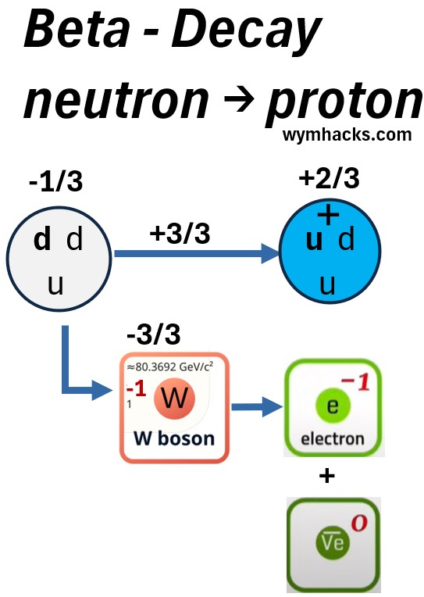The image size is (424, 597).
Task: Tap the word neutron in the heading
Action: point(116,100)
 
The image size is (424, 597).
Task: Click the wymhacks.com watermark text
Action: point(347,135)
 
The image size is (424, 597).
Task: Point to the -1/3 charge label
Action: point(55,181)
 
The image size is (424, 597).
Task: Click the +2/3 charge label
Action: point(330,178)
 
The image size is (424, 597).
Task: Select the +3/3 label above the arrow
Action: point(180,234)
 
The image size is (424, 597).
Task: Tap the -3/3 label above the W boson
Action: point(153,334)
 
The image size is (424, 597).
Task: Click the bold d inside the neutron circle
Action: point(42,239)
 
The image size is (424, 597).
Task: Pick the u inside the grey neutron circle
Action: point(55,285)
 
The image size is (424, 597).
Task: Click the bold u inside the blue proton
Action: point(315,241)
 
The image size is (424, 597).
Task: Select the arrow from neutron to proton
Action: point(197,254)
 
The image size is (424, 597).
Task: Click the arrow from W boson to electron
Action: point(258,407)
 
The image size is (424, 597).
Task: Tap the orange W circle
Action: point(174,399)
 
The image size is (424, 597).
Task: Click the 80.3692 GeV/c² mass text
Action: point(169,366)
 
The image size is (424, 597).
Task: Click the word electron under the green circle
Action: point(333,439)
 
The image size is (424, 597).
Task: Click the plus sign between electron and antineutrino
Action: point(327,476)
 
